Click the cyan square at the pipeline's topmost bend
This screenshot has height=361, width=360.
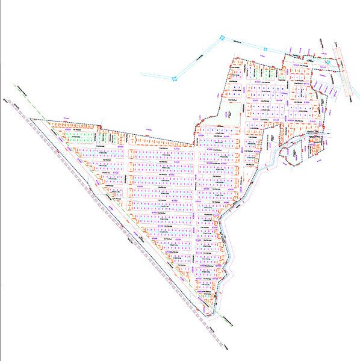point(222,39)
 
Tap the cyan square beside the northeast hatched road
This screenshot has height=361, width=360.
point(326,60)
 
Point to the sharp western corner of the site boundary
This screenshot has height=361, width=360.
point(32,120)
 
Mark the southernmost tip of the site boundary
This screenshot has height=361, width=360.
point(211,313)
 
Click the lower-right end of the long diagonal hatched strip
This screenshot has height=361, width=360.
point(226,352)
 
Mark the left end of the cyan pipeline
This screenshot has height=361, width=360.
point(141,75)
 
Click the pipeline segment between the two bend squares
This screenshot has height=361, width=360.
point(198,58)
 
